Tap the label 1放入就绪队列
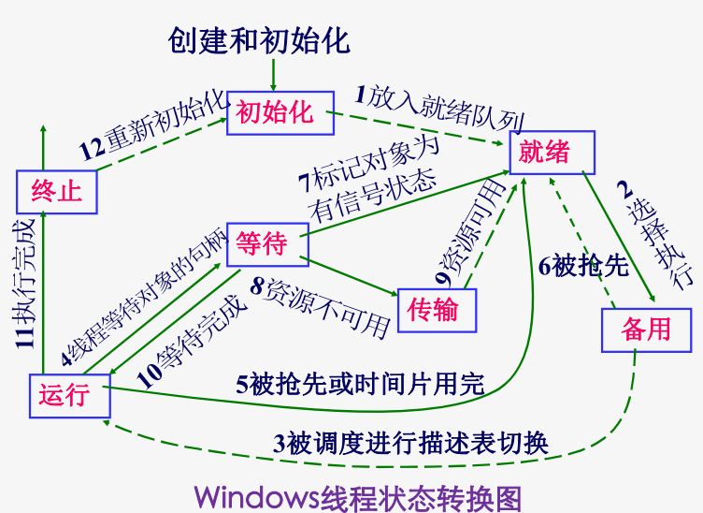pos(439,109)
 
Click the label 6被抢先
pos(583,265)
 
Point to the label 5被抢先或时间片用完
pos(360,383)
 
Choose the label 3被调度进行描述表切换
pos(410,442)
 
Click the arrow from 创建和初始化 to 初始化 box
pos(273,73)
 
